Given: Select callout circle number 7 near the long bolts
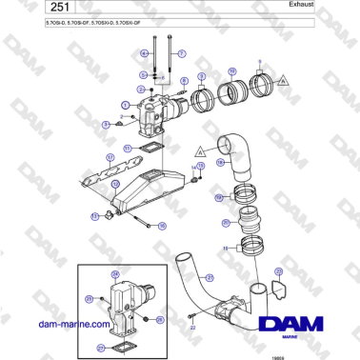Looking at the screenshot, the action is point(182,53).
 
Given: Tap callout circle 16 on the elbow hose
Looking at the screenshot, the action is point(220,163).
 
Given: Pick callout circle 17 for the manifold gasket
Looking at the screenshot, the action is point(110,156).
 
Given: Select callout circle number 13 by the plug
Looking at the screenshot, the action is point(94,216).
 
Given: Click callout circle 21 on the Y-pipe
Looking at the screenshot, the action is point(209,277).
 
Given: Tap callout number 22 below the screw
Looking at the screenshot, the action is point(192,326).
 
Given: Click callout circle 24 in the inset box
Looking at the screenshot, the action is point(116,274).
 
